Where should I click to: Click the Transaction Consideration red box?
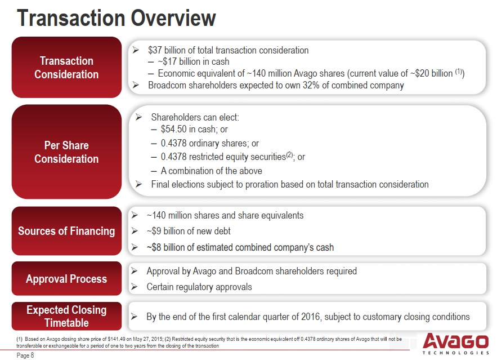point(66,67)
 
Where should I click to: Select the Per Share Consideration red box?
point(66,152)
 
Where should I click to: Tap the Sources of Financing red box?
point(66,231)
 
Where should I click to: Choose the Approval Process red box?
point(66,278)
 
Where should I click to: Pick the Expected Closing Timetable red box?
point(66,316)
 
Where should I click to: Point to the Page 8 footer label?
point(25,355)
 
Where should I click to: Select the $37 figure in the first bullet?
point(155,50)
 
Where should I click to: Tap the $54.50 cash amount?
point(174,129)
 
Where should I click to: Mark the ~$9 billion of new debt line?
point(189,231)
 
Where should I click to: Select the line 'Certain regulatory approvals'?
point(199,287)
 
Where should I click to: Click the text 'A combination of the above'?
point(212,171)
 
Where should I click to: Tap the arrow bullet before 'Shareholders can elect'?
point(138,117)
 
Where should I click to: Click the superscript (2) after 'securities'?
point(289,155)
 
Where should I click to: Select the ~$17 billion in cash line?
point(194,61)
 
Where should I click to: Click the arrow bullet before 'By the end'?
point(134,317)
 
